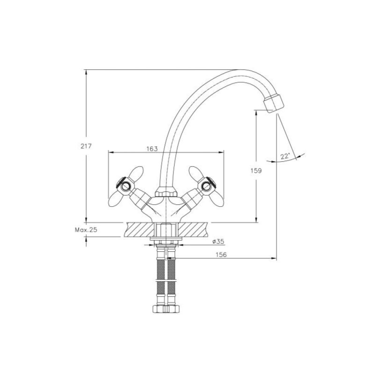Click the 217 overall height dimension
click(86, 146)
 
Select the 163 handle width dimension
click(152, 149)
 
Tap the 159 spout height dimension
click(256, 171)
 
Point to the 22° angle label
click(285, 157)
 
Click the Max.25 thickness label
click(86, 230)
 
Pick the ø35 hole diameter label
click(218, 241)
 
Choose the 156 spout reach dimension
click(221, 255)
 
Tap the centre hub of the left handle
click(125, 186)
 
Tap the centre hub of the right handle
click(206, 186)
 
